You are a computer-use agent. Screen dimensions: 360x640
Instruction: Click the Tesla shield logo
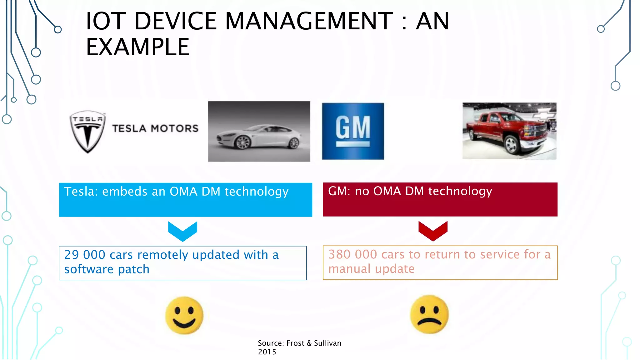[x=87, y=131]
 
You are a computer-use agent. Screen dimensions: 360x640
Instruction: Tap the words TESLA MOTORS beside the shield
[x=155, y=128]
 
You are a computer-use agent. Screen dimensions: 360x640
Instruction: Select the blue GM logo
[x=353, y=131]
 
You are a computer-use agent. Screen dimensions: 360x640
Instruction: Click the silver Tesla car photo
[x=259, y=131]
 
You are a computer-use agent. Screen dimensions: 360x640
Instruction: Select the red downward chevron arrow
[x=433, y=231]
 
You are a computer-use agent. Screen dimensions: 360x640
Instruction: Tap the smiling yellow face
[x=184, y=315]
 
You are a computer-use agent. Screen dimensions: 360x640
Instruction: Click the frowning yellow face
[x=429, y=314]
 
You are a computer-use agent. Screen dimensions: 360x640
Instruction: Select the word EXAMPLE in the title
[x=137, y=47]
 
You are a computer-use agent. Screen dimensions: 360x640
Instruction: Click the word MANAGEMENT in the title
[x=308, y=21]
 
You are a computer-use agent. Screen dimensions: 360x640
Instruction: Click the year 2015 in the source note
[x=267, y=352]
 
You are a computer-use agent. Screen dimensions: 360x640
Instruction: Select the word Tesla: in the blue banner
[x=81, y=192]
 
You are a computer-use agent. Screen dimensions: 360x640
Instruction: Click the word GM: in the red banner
[x=339, y=191]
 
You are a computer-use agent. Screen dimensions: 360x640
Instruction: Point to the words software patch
[x=107, y=269]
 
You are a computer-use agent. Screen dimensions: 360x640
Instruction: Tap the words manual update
[x=371, y=269]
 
